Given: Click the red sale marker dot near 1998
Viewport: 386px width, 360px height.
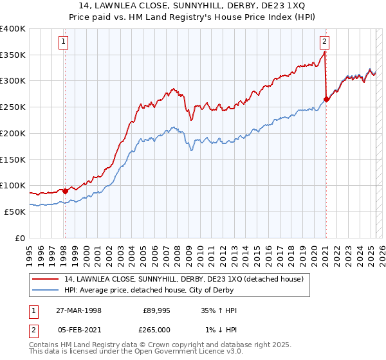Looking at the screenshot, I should click(x=65, y=191).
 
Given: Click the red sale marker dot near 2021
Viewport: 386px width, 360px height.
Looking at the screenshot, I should click(x=326, y=99).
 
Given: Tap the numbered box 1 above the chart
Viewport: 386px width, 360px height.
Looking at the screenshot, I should click(x=64, y=42).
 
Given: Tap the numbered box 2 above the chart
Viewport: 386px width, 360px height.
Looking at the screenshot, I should click(x=324, y=42).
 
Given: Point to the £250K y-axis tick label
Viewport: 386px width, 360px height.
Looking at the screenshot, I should click(x=13, y=107).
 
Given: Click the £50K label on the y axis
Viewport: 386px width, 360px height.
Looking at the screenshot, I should click(x=15, y=212).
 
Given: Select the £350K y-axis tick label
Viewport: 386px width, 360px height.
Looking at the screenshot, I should click(x=13, y=55).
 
